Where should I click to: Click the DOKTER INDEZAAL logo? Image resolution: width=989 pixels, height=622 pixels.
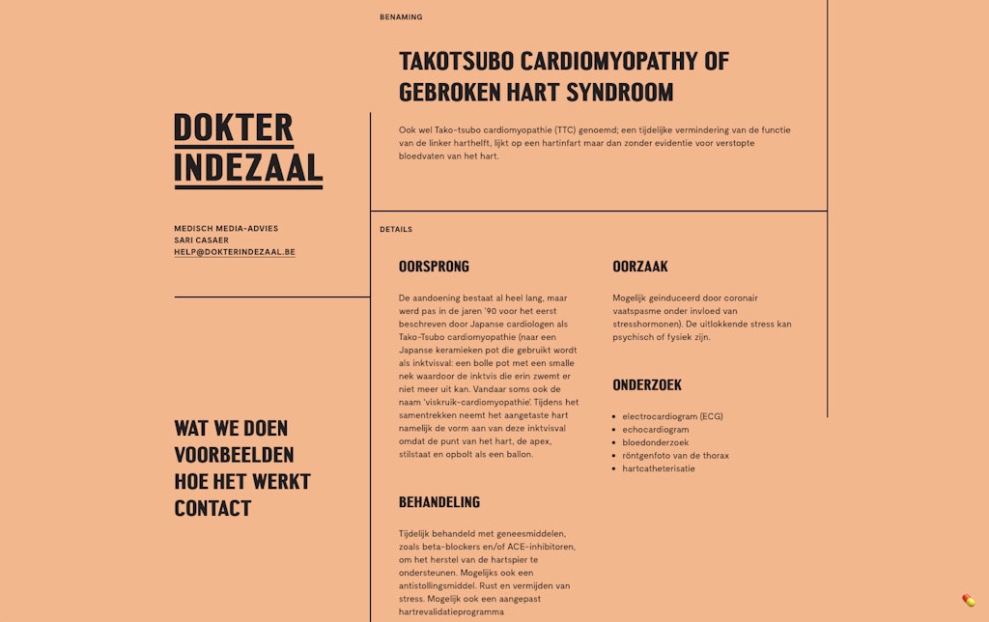coord(248,149)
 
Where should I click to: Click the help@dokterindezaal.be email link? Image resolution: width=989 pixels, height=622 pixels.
coord(235,252)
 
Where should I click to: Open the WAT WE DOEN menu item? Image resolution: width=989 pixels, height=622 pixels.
coord(231,428)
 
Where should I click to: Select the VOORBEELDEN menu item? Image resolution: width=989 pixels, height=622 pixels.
coord(234,455)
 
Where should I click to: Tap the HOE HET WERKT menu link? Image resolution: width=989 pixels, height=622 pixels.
coord(242,481)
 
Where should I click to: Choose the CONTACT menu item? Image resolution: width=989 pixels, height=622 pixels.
coord(212,508)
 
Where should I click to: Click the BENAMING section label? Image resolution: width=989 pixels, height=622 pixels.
coord(401,17)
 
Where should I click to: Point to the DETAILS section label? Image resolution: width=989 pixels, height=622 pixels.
coord(396,230)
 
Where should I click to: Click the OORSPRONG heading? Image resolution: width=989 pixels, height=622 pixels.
coord(434,267)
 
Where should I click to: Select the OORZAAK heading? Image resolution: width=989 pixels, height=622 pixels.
coord(639,267)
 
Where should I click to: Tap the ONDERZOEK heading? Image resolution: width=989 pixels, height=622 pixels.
coord(646,384)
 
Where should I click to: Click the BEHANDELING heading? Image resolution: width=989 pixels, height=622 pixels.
coord(438,502)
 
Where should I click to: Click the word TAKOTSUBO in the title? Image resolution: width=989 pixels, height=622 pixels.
coord(455,62)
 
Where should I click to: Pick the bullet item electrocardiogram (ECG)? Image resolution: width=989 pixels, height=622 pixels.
coord(672,416)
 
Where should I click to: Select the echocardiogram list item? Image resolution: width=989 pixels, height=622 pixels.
coord(656,430)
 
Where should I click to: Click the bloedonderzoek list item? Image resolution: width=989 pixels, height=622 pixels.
coord(656,442)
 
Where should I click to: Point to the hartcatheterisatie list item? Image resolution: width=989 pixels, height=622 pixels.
coord(659,468)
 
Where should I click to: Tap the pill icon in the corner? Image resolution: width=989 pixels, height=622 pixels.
coord(969,601)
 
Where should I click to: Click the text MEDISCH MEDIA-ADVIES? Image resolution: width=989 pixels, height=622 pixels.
coord(226,229)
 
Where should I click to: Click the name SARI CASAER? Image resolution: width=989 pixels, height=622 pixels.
coord(201,240)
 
